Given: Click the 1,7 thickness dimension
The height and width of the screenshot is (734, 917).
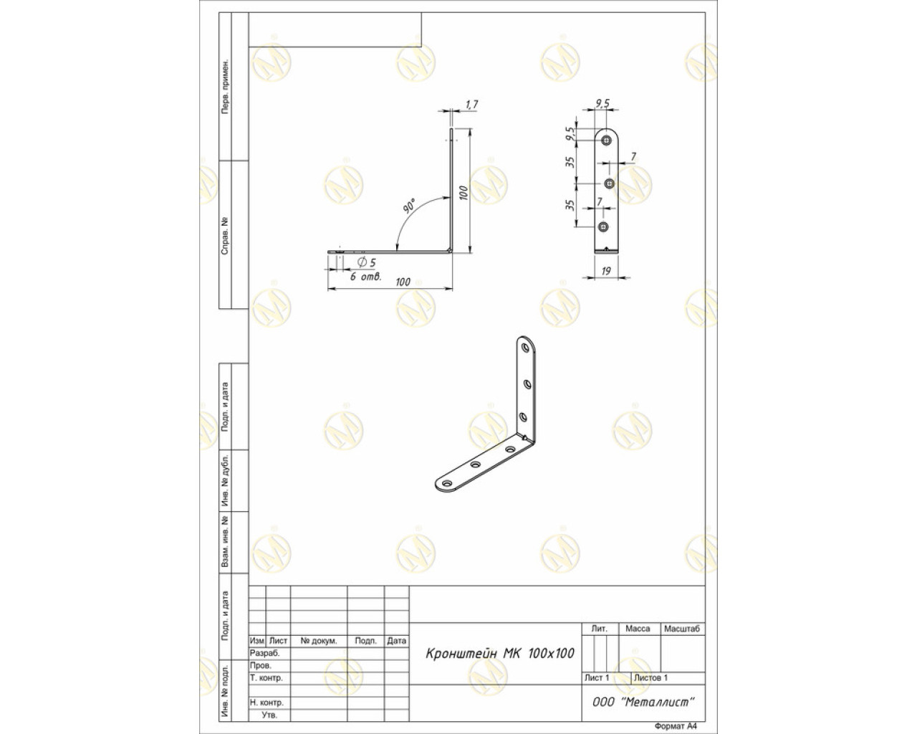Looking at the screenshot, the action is click(471, 105).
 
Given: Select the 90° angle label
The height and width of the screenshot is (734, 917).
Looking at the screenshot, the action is click(409, 206).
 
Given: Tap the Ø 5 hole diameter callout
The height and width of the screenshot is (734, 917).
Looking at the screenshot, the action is click(367, 262).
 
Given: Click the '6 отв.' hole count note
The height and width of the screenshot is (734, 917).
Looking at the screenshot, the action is click(365, 277).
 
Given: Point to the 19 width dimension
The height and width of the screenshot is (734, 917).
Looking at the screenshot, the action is click(606, 271).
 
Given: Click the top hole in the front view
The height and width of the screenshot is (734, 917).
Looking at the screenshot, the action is click(606, 140).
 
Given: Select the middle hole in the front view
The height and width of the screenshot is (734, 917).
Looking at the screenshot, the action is click(610, 183).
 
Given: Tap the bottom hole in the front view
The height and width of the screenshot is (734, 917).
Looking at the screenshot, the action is click(603, 227).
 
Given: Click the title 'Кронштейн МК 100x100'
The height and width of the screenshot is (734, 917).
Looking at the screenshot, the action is click(500, 654).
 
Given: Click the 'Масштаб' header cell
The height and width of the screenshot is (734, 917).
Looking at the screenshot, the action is click(682, 629).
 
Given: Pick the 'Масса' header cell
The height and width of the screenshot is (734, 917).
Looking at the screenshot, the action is click(638, 629).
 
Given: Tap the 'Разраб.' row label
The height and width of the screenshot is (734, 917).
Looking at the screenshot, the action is click(264, 653).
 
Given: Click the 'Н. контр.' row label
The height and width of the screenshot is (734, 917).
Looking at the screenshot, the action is click(267, 702).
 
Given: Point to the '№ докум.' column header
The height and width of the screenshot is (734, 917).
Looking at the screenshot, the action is click(318, 641).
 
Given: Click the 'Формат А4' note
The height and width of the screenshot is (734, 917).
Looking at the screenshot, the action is click(676, 726).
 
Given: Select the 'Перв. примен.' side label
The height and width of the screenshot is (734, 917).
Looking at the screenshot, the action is click(225, 87).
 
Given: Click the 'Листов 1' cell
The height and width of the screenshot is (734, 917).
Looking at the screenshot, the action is click(650, 677).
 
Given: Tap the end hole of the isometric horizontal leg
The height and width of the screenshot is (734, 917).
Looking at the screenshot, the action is click(447, 484).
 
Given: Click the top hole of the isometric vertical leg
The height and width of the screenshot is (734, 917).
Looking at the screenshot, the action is click(526, 348).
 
